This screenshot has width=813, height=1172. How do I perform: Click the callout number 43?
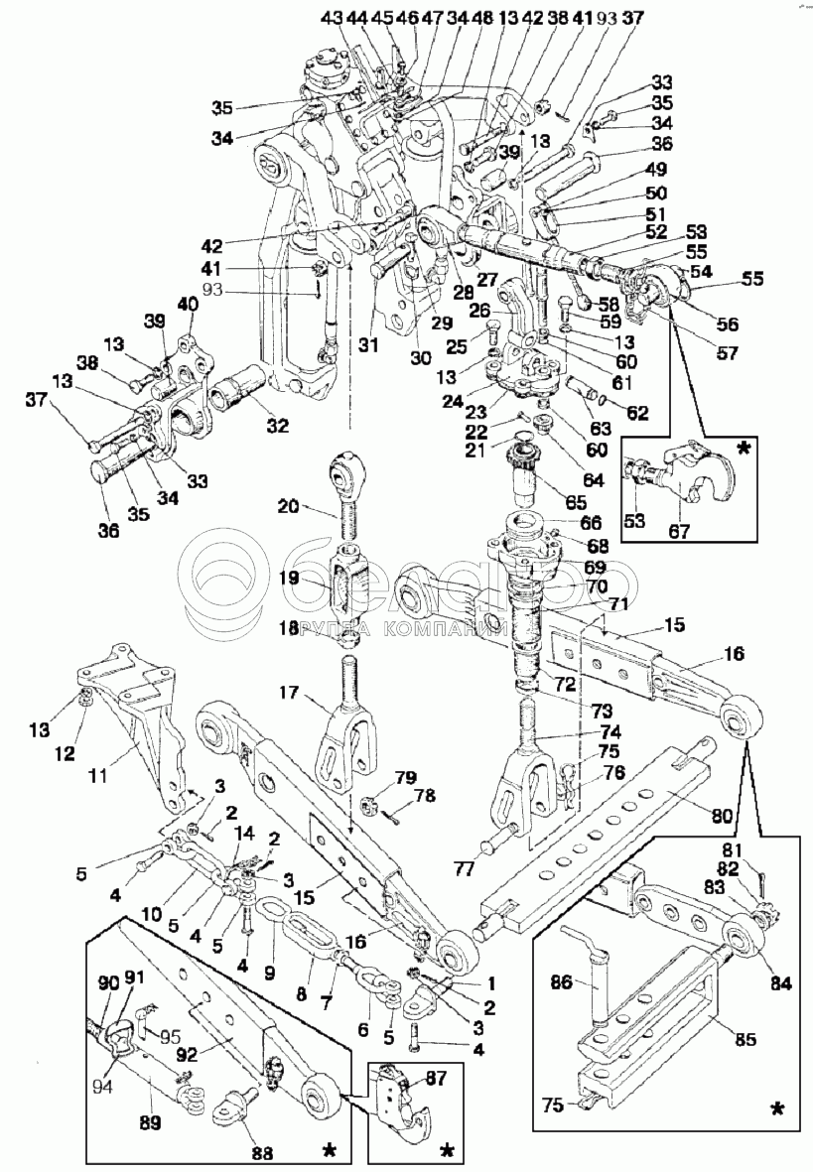(x=331, y=17)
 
